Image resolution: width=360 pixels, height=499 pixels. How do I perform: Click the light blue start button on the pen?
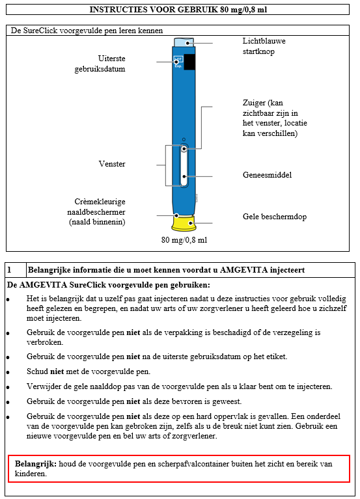(184, 42)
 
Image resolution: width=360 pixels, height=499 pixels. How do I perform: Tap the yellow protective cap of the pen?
(184, 223)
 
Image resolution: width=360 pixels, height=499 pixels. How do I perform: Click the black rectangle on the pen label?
(189, 62)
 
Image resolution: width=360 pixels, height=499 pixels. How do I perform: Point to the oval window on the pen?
(184, 165)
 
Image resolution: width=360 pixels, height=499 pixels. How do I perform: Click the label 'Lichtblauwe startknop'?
(264, 46)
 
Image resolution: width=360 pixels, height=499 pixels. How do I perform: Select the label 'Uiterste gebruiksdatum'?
(100, 64)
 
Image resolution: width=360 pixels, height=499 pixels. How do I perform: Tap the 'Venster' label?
(112, 164)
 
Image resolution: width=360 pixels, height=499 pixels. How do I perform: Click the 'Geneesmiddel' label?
(267, 175)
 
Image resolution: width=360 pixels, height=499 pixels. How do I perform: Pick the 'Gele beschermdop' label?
(275, 217)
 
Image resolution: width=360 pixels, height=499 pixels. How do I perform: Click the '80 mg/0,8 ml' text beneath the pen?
(184, 239)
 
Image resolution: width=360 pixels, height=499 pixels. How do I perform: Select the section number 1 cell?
(16, 270)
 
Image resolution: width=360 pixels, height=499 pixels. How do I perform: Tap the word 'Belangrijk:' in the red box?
(36, 464)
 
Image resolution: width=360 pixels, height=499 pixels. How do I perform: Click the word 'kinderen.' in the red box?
(31, 474)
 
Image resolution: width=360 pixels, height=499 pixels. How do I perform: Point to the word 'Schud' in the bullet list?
(37, 371)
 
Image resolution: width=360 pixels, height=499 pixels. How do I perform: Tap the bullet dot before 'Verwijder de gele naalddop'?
(8, 388)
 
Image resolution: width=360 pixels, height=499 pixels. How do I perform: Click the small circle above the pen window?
(184, 139)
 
